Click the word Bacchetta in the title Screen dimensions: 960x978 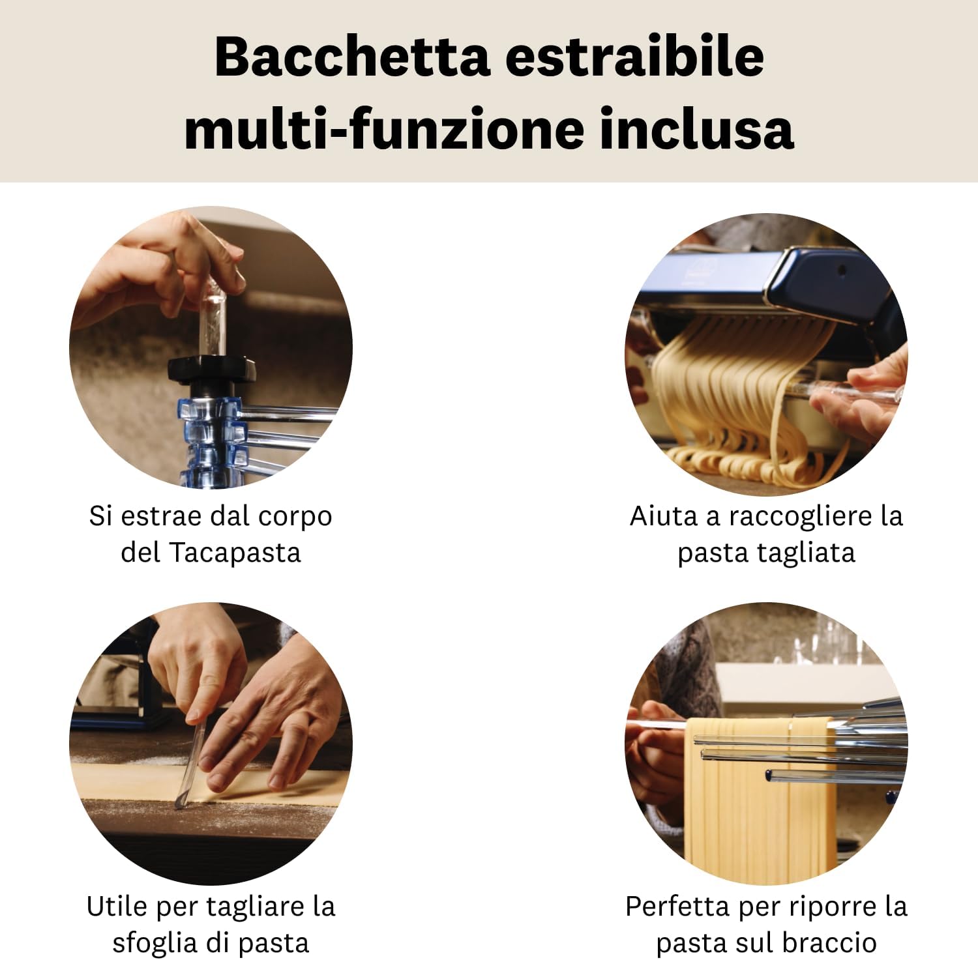pyautogui.click(x=351, y=57)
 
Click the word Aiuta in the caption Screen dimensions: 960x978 pyautogui.click(x=657, y=516)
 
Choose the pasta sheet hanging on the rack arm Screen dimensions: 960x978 pyautogui.click(x=760, y=802)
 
